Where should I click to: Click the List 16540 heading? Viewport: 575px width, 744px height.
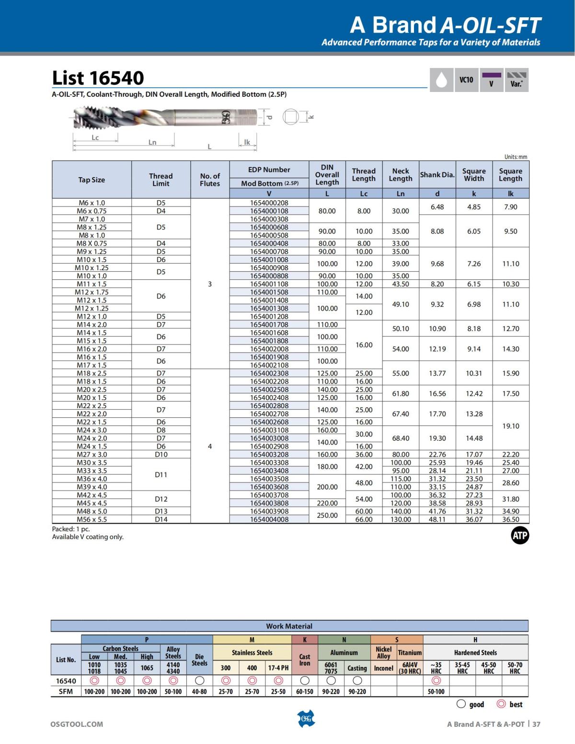click(x=98, y=78)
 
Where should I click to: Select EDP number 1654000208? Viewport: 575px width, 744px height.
click(x=269, y=203)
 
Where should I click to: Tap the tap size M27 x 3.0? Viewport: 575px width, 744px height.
click(x=92, y=454)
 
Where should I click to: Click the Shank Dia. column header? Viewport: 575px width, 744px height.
click(x=437, y=175)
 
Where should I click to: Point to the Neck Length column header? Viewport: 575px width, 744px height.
click(x=400, y=175)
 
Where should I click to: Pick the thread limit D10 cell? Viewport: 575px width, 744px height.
click(x=161, y=454)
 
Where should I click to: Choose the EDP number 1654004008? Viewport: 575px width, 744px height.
click(x=269, y=519)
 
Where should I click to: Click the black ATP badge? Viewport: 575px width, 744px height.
click(x=519, y=536)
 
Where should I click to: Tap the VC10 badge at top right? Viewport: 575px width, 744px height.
click(x=466, y=80)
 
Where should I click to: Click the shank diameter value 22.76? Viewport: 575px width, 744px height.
click(x=437, y=454)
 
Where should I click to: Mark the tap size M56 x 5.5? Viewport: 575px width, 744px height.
click(x=92, y=519)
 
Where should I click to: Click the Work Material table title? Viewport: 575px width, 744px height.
click(x=289, y=626)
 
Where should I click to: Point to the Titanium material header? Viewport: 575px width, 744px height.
click(x=410, y=652)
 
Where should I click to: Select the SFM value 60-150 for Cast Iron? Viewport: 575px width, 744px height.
click(x=304, y=691)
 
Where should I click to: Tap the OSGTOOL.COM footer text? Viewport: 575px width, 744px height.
click(x=77, y=724)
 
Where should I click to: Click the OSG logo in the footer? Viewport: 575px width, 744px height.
click(x=306, y=718)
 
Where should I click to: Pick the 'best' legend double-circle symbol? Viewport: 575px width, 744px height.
click(x=501, y=704)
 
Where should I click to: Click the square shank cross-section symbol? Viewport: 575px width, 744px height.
click(x=290, y=116)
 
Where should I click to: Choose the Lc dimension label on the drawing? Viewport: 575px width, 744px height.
click(x=95, y=137)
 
